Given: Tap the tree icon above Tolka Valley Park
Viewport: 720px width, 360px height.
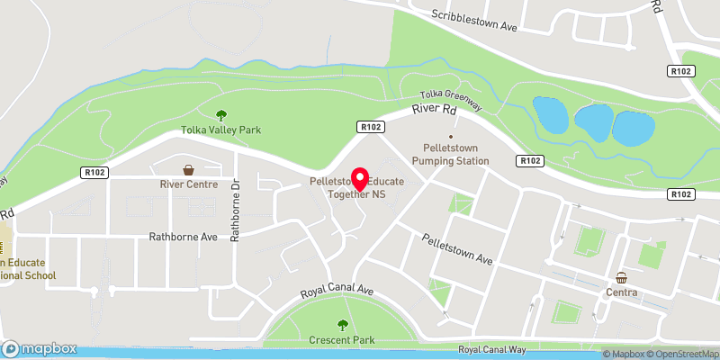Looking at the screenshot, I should point(221,114).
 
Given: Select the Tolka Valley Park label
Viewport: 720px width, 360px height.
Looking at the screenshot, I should point(221,130).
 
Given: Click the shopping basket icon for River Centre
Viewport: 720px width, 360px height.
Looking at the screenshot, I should point(189,169).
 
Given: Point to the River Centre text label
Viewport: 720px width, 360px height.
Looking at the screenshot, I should point(189,184).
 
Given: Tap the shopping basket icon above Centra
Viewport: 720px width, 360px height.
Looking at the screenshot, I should point(621,277).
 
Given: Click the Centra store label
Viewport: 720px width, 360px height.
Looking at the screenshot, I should point(621,292).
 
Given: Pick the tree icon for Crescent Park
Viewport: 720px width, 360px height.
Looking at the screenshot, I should point(342,325).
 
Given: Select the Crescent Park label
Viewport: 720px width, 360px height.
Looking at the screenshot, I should point(342,340).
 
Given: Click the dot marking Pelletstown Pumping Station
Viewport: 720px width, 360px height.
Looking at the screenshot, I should point(451,136).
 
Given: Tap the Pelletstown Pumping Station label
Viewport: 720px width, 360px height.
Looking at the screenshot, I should point(450,154).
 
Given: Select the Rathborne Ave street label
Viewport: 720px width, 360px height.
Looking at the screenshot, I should point(184,238).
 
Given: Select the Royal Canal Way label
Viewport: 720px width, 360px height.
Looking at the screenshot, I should point(490,349).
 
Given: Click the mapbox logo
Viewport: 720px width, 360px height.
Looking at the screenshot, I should point(39,348).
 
